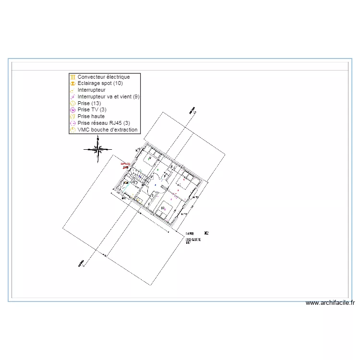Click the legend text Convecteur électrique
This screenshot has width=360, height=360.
103,77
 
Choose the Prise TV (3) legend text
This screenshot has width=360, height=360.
92,110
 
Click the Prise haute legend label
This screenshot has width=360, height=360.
91,117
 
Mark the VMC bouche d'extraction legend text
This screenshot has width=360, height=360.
108,130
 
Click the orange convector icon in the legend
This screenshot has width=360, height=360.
72,77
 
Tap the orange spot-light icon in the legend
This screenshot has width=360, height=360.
72,84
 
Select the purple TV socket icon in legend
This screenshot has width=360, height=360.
72,110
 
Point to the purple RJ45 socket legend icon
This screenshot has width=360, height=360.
72,123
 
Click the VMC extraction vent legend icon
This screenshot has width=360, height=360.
72,130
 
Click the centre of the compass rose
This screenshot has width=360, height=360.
97,149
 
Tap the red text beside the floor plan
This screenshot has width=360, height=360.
125,165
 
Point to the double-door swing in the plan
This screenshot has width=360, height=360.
157,176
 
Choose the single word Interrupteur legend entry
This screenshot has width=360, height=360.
91,90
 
